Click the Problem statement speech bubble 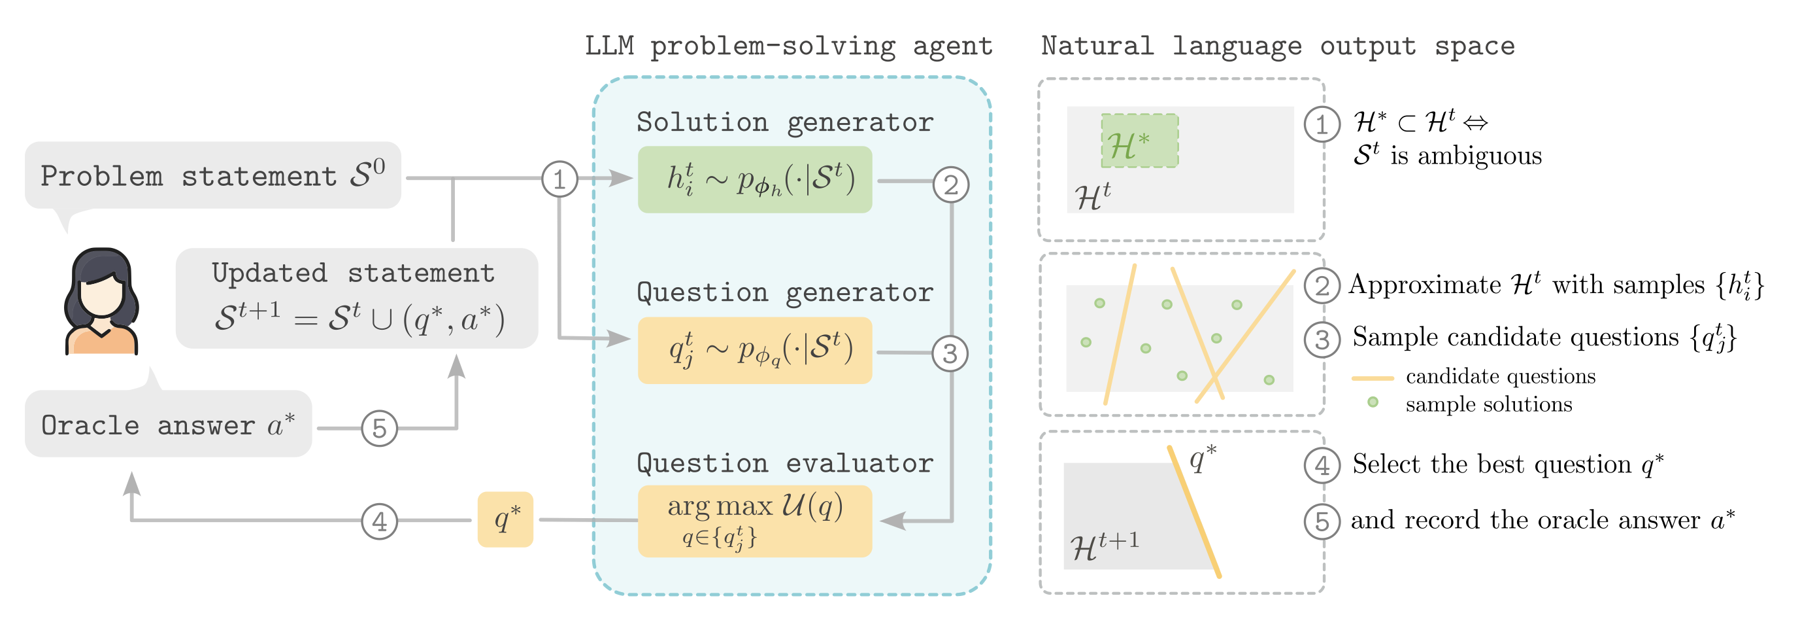[212, 175]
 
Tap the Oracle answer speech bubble [168, 425]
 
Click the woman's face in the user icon [101, 297]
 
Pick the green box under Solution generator [755, 180]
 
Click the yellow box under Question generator [755, 350]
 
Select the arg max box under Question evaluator [755, 521]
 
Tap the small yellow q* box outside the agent [505, 519]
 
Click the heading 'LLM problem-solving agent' [788, 46]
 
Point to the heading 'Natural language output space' [1277, 46]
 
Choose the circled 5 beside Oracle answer [380, 428]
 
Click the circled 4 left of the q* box [380, 521]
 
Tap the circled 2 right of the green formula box [951, 185]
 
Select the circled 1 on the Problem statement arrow [559, 179]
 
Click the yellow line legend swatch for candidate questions [1373, 377]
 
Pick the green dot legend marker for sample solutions [1373, 402]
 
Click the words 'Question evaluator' [785, 463]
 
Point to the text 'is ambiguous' [1466, 156]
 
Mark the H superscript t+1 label [1104, 545]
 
